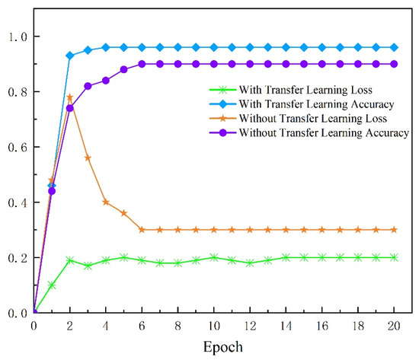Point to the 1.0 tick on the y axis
click(16, 37)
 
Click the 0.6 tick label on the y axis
click(16, 147)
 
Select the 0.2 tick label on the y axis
click(16, 258)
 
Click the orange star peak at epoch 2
click(70, 97)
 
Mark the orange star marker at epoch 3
click(88, 158)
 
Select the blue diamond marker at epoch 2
click(70, 56)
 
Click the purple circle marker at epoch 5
click(123, 69)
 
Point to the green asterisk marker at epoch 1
click(52, 285)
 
